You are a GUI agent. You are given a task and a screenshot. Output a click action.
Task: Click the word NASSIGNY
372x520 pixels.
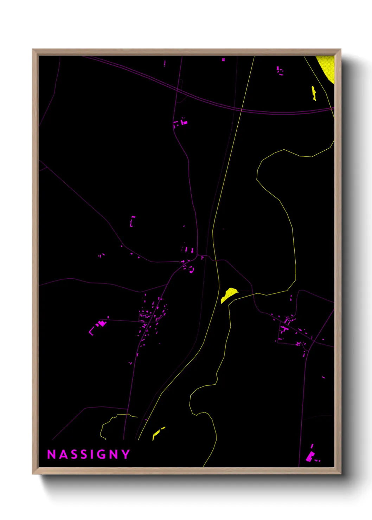pyautogui.click(x=89, y=454)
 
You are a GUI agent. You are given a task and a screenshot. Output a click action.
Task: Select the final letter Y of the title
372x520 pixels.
pyautogui.click(x=126, y=454)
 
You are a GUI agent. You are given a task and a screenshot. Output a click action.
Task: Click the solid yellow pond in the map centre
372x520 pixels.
pyautogui.click(x=229, y=294)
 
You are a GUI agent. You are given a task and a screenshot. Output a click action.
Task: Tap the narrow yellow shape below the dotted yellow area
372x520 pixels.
pyautogui.click(x=314, y=93)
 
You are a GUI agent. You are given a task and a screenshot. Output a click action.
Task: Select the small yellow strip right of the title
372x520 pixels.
pyautogui.click(x=158, y=433)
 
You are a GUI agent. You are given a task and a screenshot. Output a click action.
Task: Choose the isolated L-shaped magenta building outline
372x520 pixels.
pyautogui.click(x=132, y=221)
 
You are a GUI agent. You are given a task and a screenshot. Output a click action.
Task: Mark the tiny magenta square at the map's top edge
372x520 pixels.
pyautogui.click(x=223, y=60)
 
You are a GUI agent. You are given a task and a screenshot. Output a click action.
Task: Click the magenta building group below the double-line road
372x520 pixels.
pyautogui.click(x=180, y=123)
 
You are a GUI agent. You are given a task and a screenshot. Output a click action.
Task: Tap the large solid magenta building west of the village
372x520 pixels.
pyautogui.click(x=103, y=323)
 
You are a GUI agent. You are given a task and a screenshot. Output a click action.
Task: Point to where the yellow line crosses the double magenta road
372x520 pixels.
pyautogui.click(x=242, y=110)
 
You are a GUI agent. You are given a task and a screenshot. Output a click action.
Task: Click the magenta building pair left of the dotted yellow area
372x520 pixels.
pyautogui.click(x=280, y=70)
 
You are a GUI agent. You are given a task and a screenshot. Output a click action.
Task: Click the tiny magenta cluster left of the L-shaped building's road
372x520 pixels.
pyautogui.click(x=101, y=255)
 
